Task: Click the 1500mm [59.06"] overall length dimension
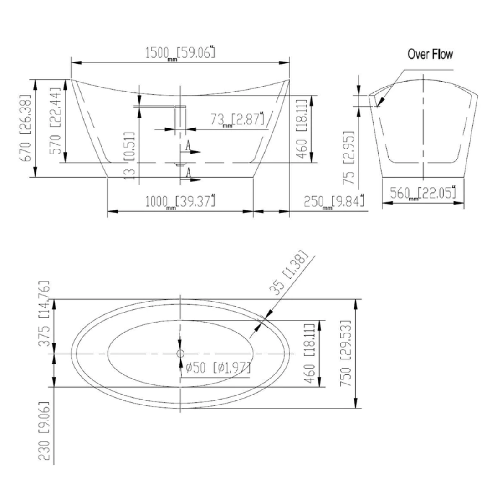point(179,53)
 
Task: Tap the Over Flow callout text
point(430,55)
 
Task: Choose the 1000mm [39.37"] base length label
point(180,201)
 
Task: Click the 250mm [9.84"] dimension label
point(334,201)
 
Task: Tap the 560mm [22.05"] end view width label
point(423,194)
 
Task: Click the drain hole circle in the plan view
point(180,353)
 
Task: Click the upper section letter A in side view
point(188,146)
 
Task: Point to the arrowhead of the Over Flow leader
point(379,104)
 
